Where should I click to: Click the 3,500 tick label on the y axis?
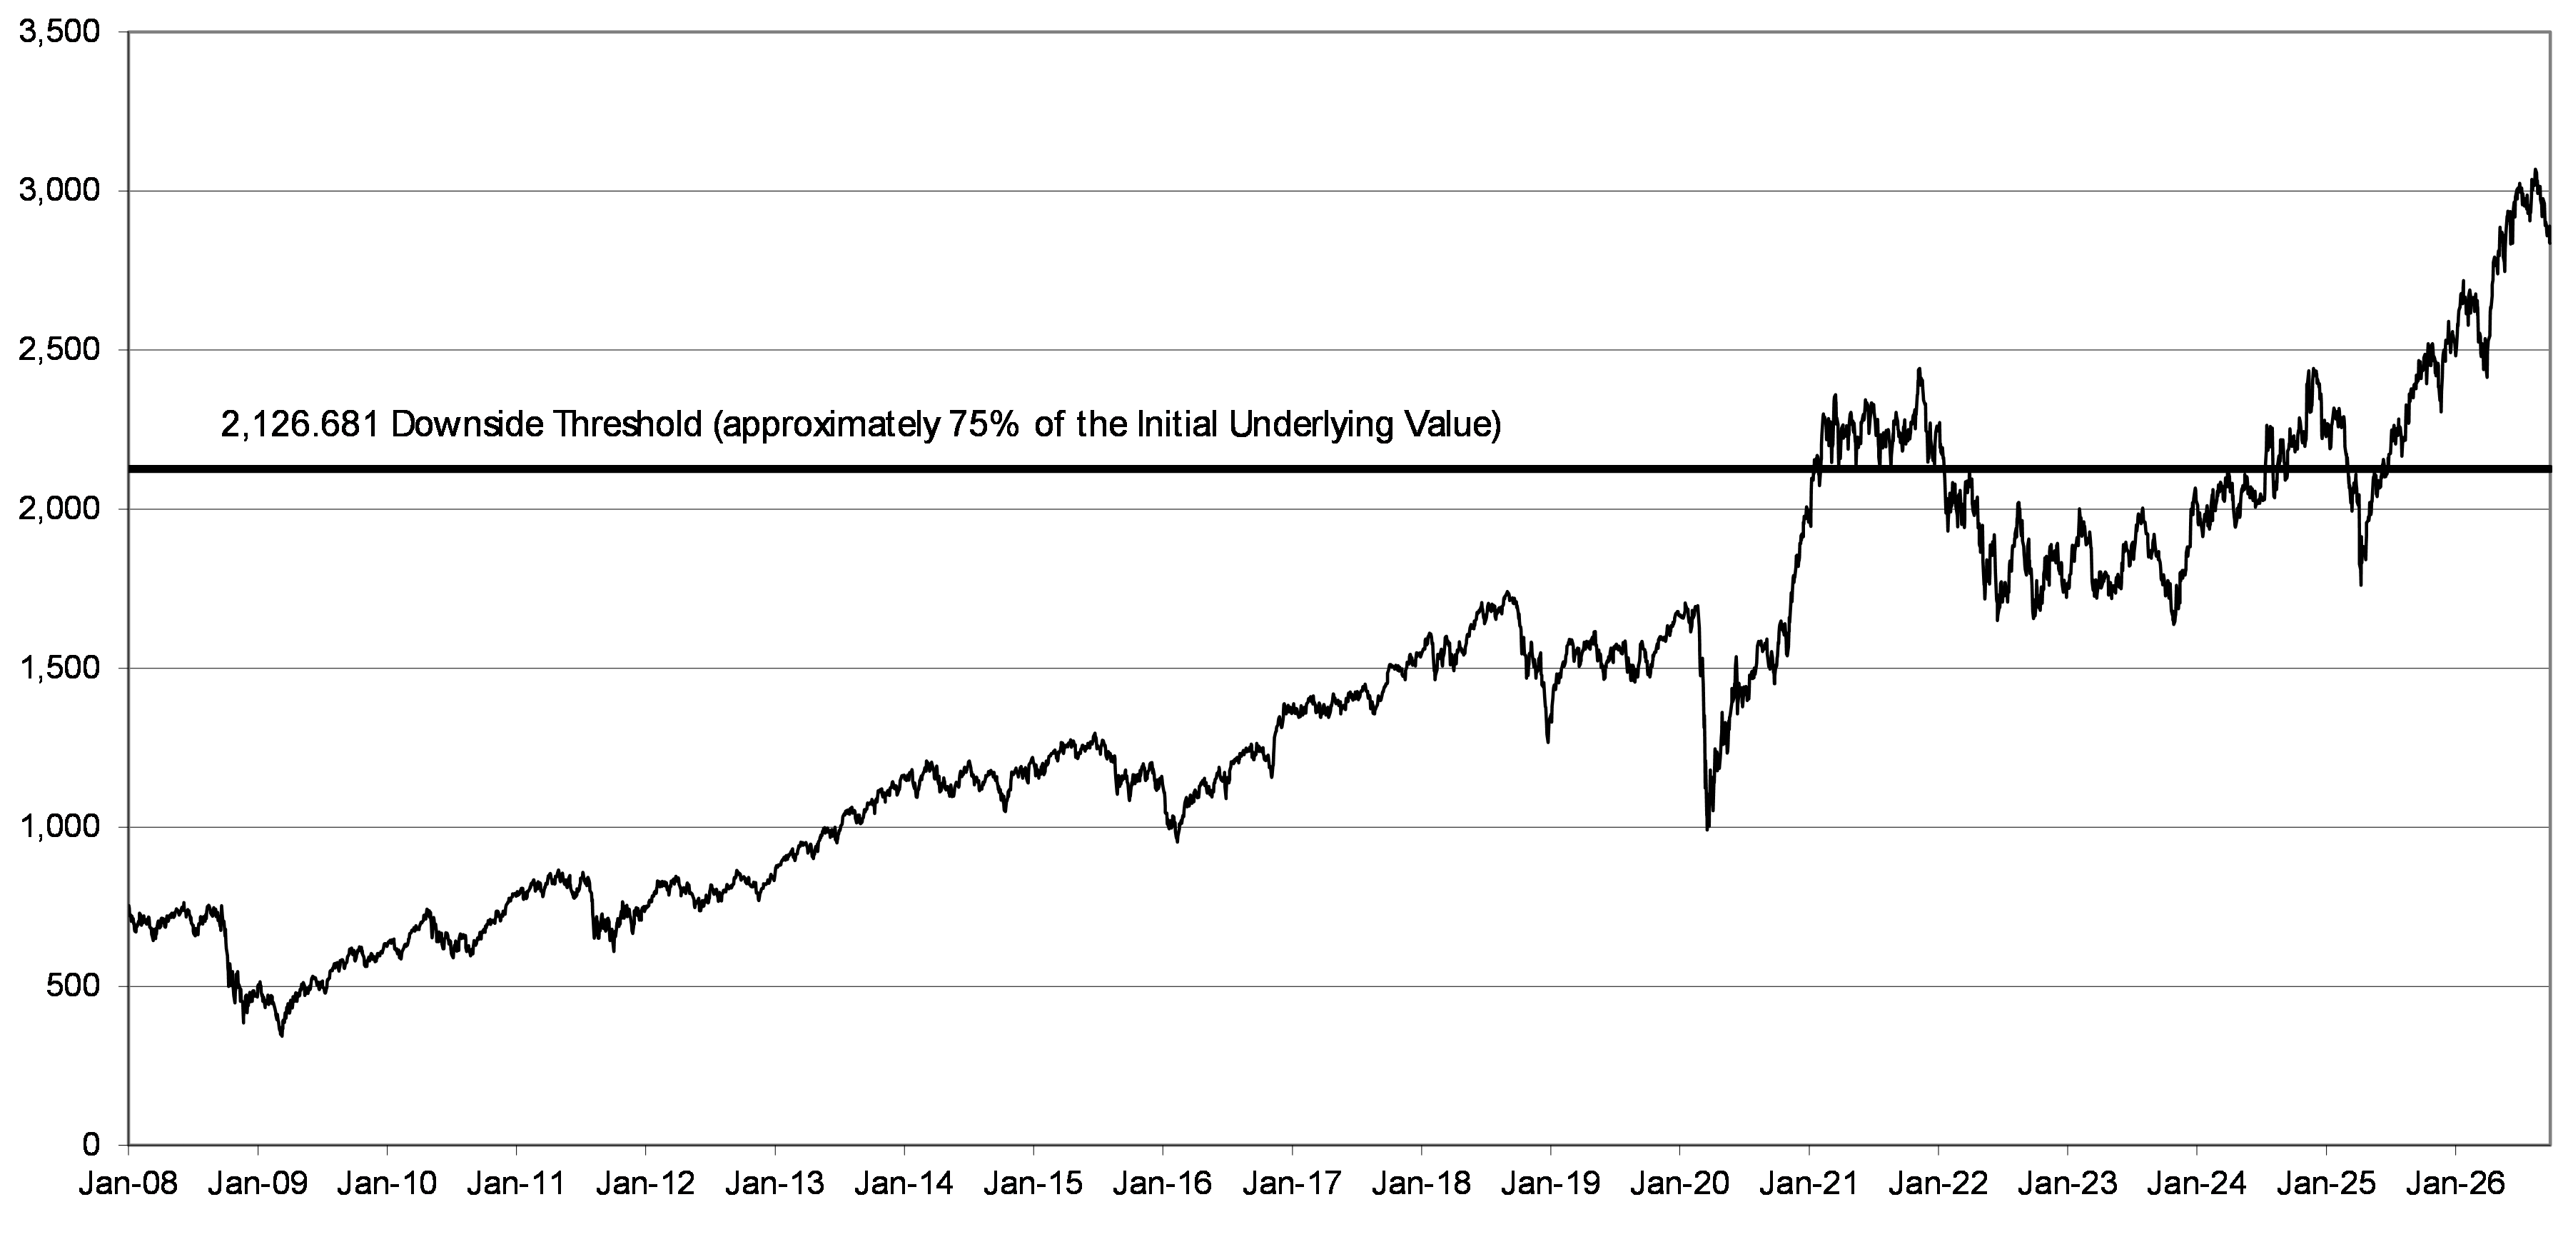(x=60, y=33)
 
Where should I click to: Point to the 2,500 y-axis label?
(x=60, y=351)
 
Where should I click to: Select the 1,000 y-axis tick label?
(x=60, y=827)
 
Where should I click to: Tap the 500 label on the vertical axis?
(x=75, y=987)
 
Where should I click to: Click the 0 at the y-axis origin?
(x=92, y=1144)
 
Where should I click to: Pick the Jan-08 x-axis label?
(x=127, y=1185)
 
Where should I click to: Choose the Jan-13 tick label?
(x=774, y=1185)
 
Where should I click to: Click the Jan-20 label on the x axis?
(x=1679, y=1185)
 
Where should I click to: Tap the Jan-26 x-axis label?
(x=2455, y=1185)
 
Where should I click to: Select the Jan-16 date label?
(x=1162, y=1185)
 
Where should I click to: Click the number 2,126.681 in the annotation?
(x=300, y=426)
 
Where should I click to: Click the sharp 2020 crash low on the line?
(x=1707, y=829)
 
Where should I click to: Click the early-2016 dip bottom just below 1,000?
(x=1177, y=841)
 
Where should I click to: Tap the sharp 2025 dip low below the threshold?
(x=2360, y=584)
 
